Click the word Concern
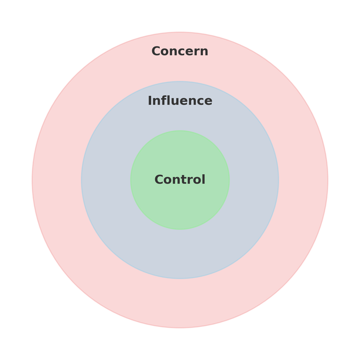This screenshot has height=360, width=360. (180, 51)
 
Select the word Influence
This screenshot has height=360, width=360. (180, 100)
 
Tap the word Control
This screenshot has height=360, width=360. (180, 179)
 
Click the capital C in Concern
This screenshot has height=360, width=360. (156, 51)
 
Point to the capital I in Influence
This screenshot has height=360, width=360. (150, 101)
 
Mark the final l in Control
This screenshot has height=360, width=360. (204, 179)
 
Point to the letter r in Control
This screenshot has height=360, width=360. (190, 181)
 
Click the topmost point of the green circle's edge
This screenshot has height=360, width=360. (180, 130)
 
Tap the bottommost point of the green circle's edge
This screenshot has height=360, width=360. (180, 229)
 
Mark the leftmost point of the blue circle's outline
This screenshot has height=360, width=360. (81, 180)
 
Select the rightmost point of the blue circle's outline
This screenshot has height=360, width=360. (279, 180)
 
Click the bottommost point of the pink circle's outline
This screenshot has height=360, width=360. (180, 328)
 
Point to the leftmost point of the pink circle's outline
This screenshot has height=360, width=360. (32, 180)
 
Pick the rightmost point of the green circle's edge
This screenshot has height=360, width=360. (229, 180)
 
